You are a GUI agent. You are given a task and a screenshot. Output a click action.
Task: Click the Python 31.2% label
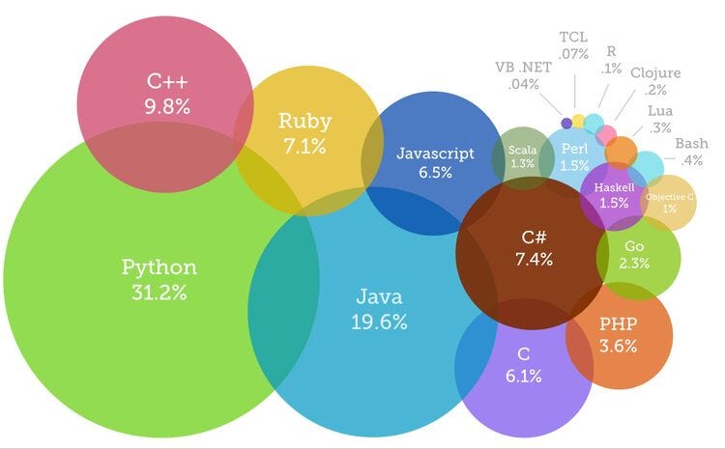coord(159,278)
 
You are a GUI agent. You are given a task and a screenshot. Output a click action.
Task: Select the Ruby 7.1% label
coord(304,133)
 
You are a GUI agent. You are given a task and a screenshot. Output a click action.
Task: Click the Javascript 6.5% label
coord(436,161)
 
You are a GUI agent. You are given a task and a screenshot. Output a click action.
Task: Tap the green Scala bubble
coord(522,155)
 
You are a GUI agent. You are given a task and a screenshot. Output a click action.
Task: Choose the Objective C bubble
coord(669,202)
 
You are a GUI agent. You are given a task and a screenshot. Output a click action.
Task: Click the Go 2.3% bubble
coord(635,255)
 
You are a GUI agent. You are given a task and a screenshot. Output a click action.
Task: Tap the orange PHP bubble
coord(618,333)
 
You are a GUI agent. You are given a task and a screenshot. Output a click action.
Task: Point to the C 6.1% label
coord(523,364)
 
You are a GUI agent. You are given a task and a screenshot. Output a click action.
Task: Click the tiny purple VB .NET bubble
coord(566,123)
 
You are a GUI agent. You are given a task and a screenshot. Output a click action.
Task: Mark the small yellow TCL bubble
coord(578,120)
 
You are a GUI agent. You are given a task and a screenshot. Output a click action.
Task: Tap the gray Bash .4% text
coord(690,152)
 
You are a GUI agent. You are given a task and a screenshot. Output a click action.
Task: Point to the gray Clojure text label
coord(655,80)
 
